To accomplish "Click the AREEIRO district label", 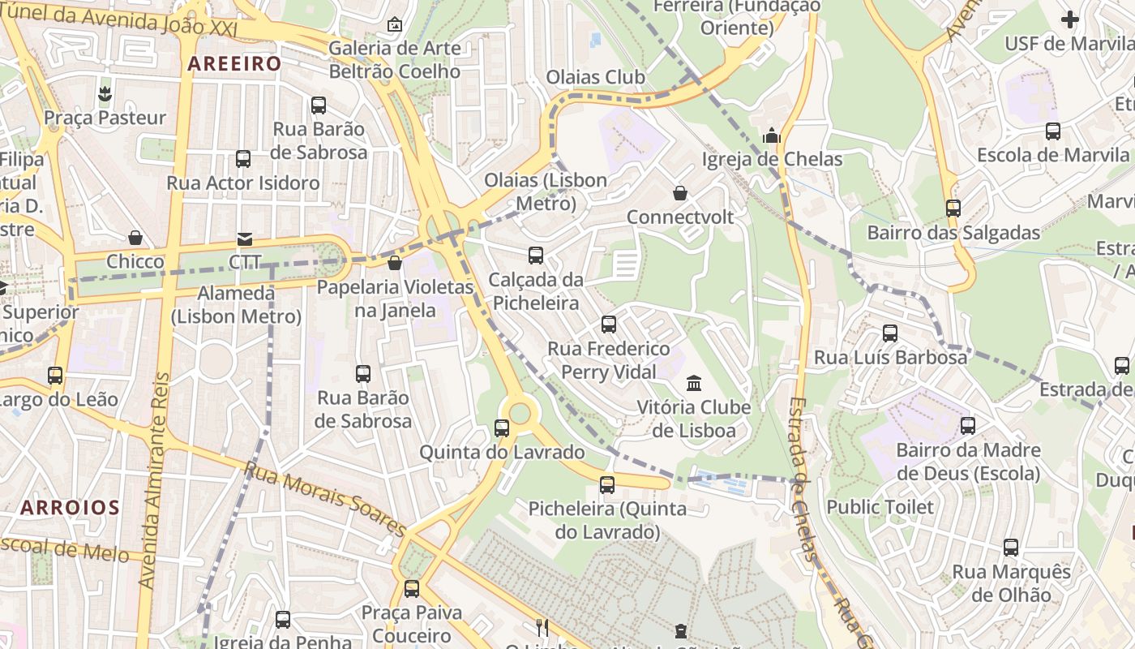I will [234, 63].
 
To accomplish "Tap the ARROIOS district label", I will [70, 509].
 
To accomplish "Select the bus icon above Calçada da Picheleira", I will [535, 256].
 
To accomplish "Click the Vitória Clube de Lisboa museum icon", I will [694, 383].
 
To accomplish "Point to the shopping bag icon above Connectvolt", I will [680, 193].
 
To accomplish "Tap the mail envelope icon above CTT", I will [244, 239].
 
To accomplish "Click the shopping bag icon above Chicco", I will [135, 238].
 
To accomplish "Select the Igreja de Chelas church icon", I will [772, 135].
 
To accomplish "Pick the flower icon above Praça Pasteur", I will [105, 94].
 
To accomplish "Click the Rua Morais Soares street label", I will [324, 498].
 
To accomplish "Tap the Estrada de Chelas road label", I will [803, 479].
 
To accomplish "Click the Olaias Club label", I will [595, 77].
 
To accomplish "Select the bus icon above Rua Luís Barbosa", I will [889, 333].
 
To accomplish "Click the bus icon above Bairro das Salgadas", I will [953, 208].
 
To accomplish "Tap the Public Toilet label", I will [880, 507].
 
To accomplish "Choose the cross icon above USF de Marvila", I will [1070, 19].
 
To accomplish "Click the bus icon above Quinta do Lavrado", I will [502, 428].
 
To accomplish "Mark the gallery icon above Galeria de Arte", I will [395, 24].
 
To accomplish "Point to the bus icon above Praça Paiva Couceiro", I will [412, 589].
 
